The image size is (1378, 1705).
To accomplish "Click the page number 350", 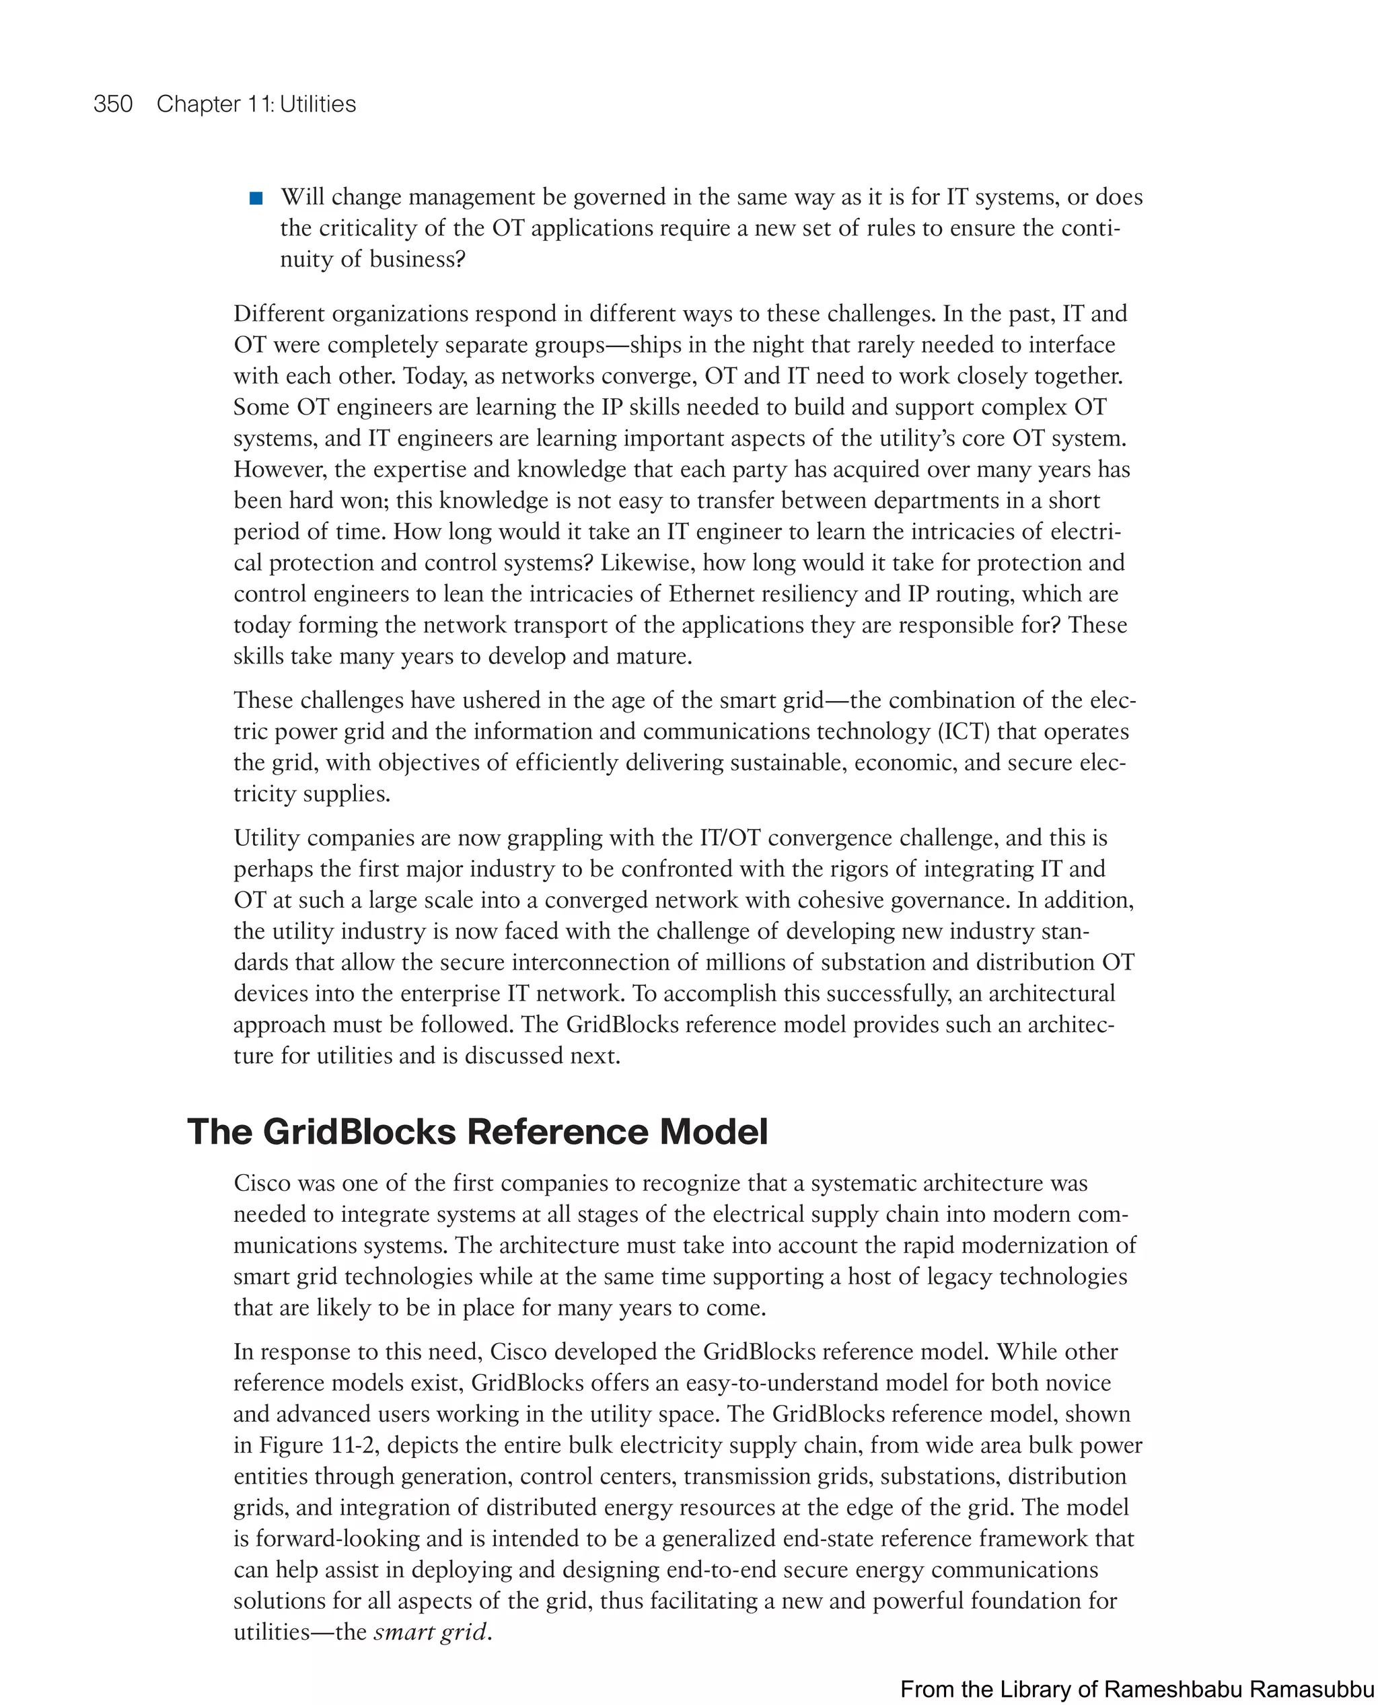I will click(x=113, y=104).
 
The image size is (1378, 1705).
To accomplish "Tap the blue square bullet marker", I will click(x=256, y=198).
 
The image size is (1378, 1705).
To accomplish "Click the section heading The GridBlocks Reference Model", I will click(x=477, y=1131).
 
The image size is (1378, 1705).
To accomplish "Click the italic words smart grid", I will click(x=429, y=1631).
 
